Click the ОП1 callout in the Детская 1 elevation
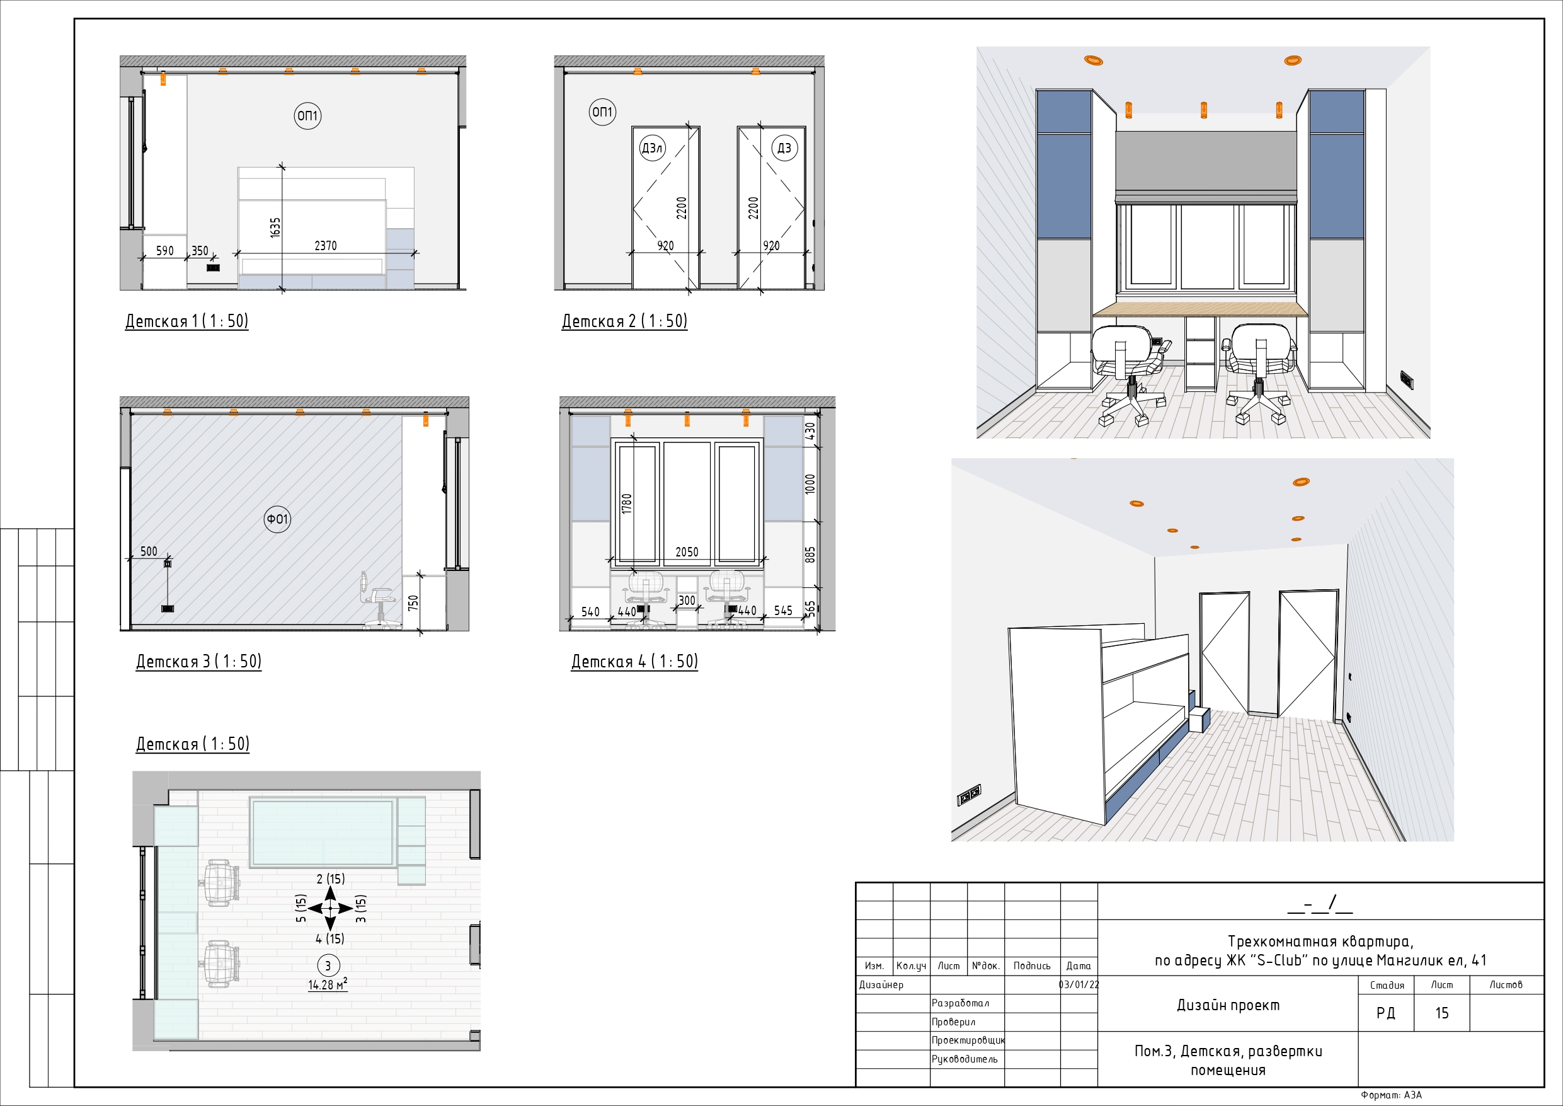[x=307, y=116]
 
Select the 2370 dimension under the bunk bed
[x=326, y=246]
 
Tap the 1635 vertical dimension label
[x=275, y=228]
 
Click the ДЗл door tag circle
[x=652, y=149]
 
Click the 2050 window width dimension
[x=686, y=552]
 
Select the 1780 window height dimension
[x=627, y=504]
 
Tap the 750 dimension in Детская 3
[x=413, y=602]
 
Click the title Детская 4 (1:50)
[x=634, y=661]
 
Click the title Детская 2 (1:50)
[x=624, y=321]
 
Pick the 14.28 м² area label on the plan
[x=328, y=985]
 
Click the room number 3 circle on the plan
[x=328, y=965]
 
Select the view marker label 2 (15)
[x=331, y=879]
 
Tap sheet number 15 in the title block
[x=1441, y=1013]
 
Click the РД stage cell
[x=1385, y=1013]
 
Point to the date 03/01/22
[x=1079, y=985]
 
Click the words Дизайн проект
[x=1228, y=1005]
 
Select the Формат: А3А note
[x=1392, y=1095]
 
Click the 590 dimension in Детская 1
[x=164, y=251]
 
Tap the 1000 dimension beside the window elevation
[x=810, y=484]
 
